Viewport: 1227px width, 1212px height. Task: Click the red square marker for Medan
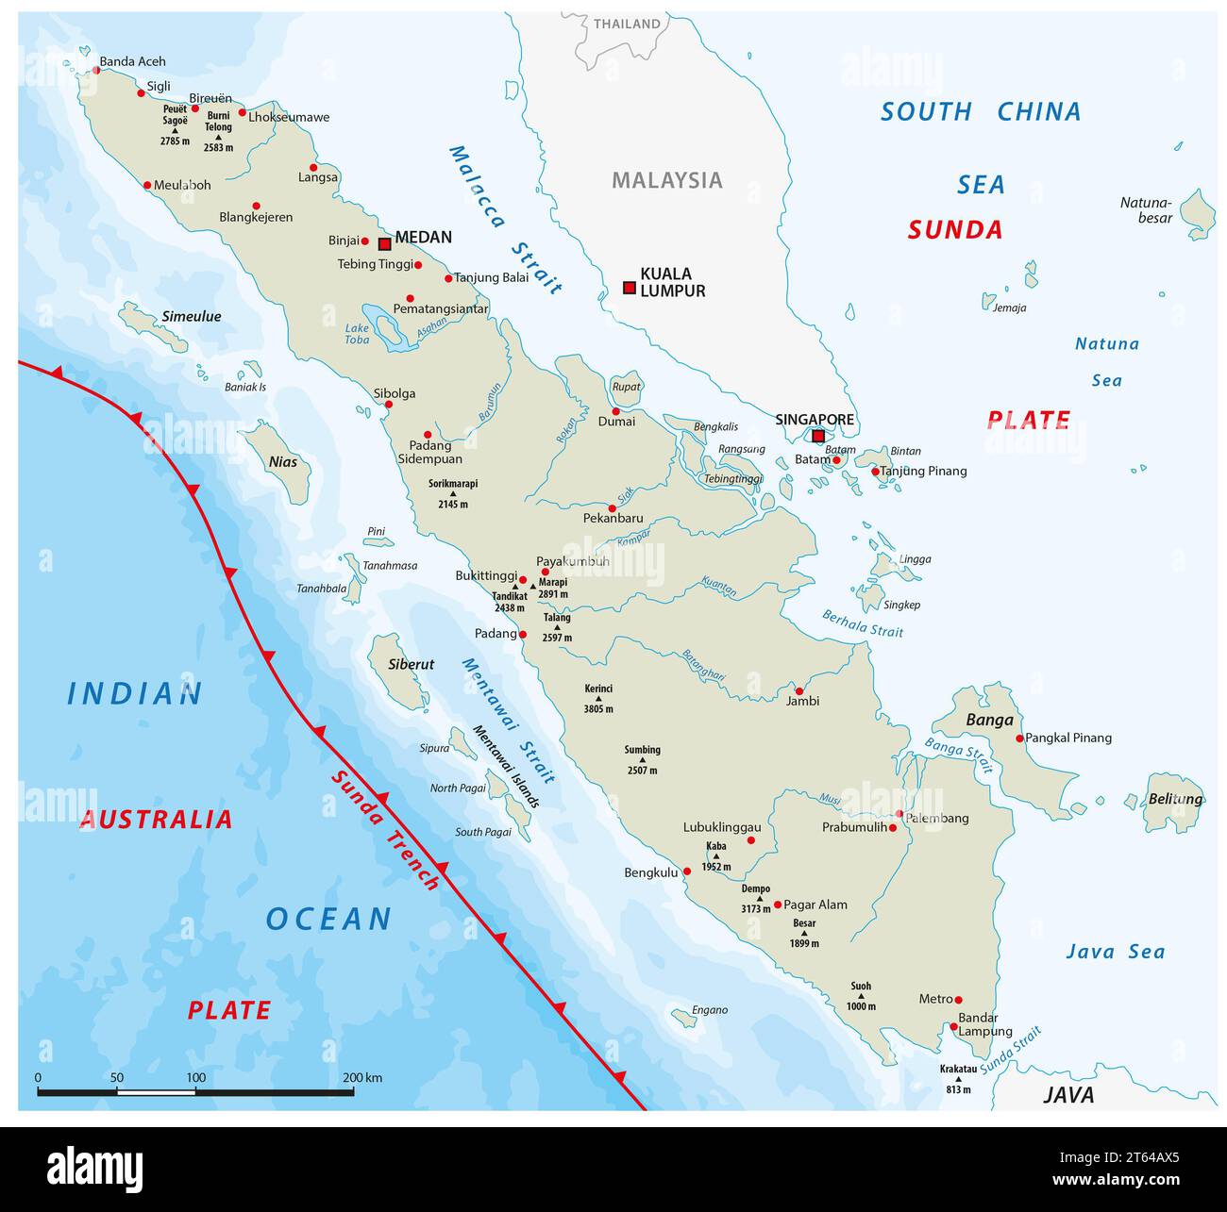(x=384, y=244)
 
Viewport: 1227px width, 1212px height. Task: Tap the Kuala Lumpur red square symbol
(x=630, y=288)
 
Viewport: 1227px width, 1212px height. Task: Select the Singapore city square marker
(x=818, y=436)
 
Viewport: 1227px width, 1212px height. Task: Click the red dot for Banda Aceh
(x=95, y=70)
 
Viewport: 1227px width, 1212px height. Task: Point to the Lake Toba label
(x=357, y=334)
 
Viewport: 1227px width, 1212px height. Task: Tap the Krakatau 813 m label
(x=958, y=1079)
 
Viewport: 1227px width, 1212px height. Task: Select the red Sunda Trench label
(x=385, y=830)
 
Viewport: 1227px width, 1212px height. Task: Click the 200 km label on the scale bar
(x=362, y=1077)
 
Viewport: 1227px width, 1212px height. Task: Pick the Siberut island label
(x=412, y=664)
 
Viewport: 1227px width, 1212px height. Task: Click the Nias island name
(x=283, y=461)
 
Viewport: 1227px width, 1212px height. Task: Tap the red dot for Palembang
(x=899, y=813)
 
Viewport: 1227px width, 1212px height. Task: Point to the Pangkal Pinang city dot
(x=1019, y=739)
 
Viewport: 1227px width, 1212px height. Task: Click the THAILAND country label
(x=627, y=24)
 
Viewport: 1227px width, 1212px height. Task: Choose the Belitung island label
(x=1175, y=799)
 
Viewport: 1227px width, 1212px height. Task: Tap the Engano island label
(x=709, y=1010)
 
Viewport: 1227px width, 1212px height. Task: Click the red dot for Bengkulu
(x=687, y=872)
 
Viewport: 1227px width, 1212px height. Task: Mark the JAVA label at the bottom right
(x=1068, y=1095)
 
